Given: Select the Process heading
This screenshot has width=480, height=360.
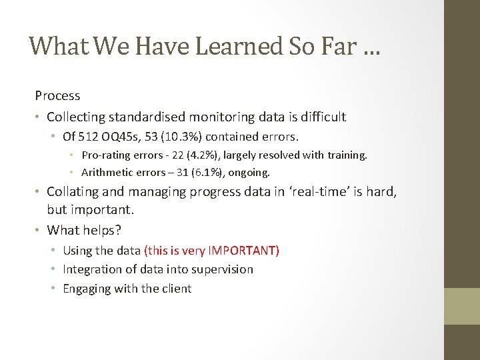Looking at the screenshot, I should coord(57,96).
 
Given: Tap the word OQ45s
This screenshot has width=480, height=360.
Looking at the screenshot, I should coord(117,137).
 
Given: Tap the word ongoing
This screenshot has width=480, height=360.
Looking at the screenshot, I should coord(249,173).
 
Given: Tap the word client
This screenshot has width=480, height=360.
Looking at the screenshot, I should coord(175,289).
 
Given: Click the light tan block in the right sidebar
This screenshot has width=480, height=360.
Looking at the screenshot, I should coord(461,306).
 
